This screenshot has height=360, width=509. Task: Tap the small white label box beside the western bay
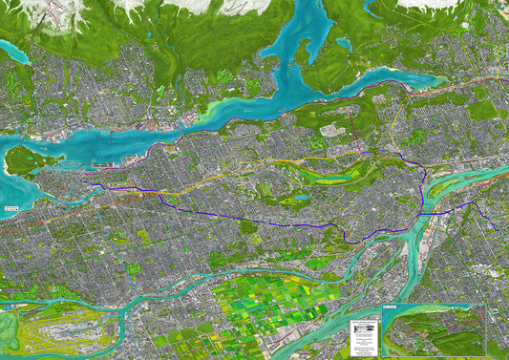coord(11,207)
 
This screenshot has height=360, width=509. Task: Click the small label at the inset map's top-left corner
coord(388,308)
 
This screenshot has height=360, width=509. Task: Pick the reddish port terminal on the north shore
coord(153,125)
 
